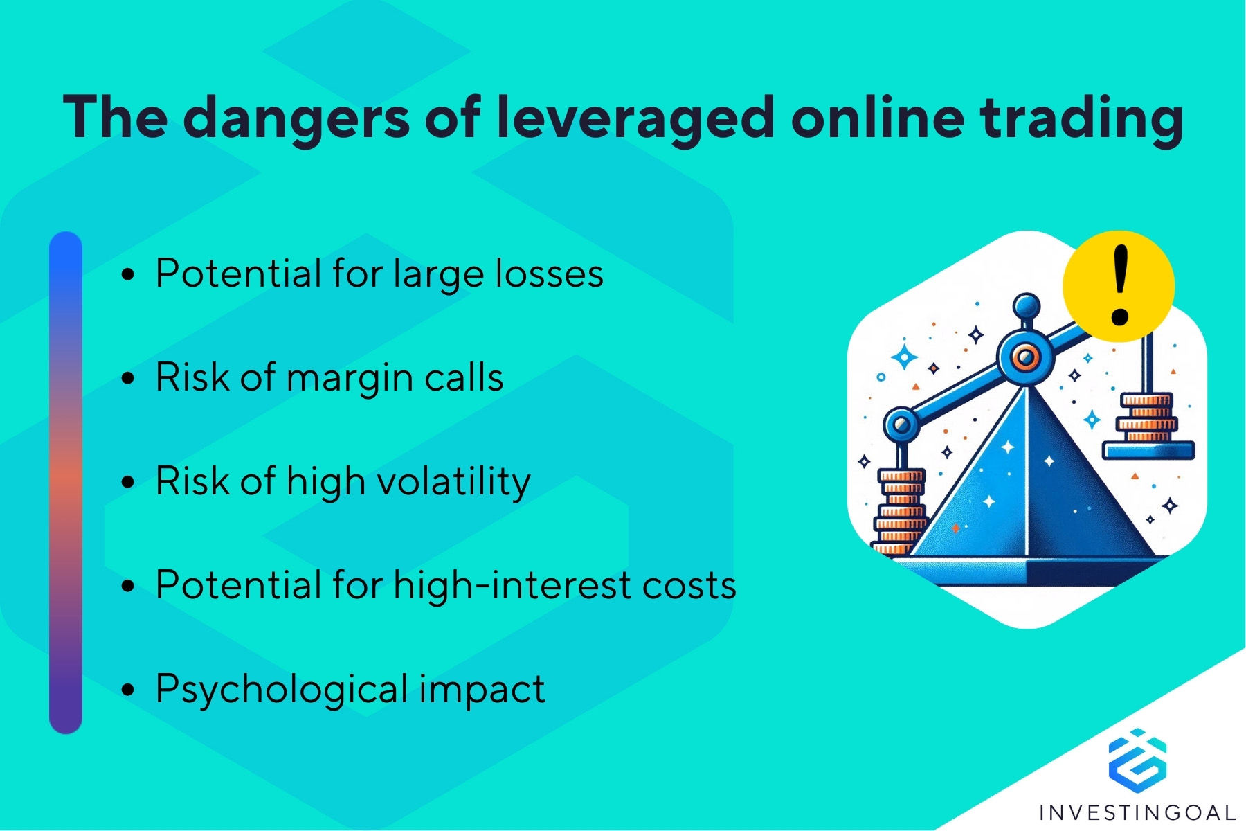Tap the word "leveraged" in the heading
635,118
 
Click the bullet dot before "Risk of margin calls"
127,379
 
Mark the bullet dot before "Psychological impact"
127,690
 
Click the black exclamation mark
1120,285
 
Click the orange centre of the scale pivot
1024,357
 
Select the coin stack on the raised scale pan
1147,418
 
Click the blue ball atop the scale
1026,305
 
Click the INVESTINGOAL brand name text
1137,812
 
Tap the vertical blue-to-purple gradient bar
66,483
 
